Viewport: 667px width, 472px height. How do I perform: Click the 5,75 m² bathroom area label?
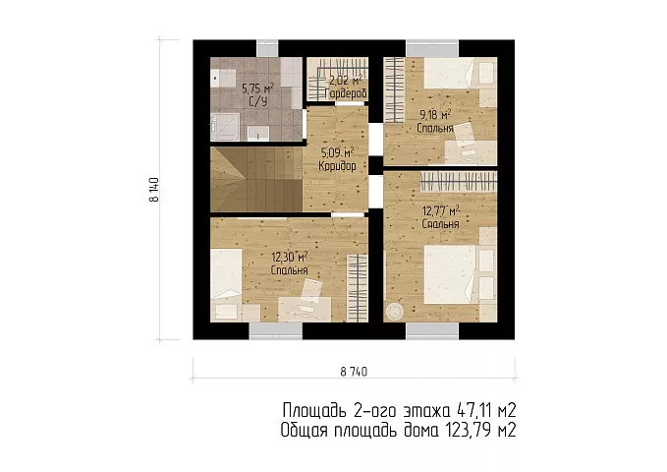tap(257, 88)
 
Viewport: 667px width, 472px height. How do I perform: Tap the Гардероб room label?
tap(346, 93)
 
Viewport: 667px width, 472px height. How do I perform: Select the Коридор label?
tap(337, 166)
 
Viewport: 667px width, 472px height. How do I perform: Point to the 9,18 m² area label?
tap(435, 115)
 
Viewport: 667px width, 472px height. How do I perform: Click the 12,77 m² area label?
tap(441, 210)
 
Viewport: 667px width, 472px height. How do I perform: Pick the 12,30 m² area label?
tap(290, 257)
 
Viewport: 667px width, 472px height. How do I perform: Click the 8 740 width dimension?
tap(354, 372)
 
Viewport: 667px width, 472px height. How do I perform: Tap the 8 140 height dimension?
tap(154, 190)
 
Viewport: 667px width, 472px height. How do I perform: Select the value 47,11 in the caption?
tap(473, 411)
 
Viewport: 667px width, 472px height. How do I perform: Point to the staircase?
tap(256, 179)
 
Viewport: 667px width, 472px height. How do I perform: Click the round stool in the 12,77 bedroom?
tap(394, 312)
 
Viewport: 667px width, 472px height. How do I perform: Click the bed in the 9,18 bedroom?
tap(461, 73)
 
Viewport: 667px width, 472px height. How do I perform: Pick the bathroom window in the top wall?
tap(267, 48)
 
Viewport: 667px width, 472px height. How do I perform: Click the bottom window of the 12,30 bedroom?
tap(276, 330)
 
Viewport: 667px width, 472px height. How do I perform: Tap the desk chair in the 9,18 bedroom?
tap(467, 135)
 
